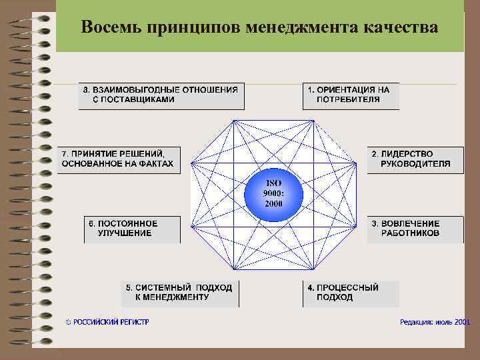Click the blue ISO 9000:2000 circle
coord(273,193)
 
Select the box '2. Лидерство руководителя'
coord(415,160)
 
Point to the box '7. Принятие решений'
coord(118,160)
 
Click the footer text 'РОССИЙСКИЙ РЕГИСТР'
coord(111,322)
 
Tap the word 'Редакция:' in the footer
coord(416,322)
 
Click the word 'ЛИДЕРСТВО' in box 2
coord(407,154)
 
